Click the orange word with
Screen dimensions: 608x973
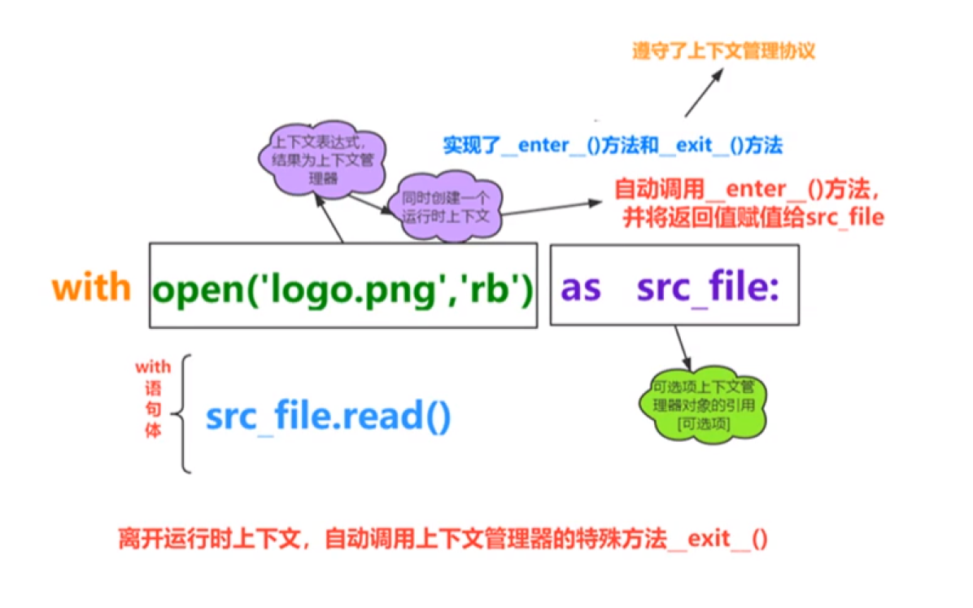coord(91,287)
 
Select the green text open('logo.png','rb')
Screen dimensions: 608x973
coord(343,287)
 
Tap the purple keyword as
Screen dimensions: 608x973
coord(581,287)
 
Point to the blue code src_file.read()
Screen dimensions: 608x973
coord(328,417)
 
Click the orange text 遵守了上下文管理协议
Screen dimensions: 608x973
coord(723,50)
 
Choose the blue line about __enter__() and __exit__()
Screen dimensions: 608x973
coord(612,146)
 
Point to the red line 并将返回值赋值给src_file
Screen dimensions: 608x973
coord(753,217)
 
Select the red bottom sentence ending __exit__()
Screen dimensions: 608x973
coord(443,539)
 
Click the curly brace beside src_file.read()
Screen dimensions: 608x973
coord(187,413)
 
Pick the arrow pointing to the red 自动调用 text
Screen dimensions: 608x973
coord(553,208)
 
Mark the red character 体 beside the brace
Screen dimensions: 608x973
coord(153,429)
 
